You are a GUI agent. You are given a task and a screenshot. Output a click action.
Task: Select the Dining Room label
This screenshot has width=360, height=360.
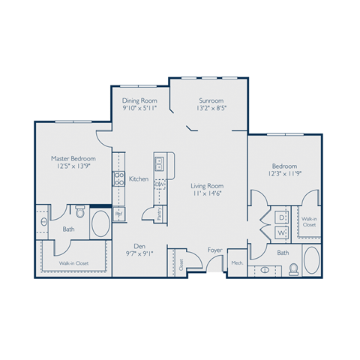[x=139, y=100]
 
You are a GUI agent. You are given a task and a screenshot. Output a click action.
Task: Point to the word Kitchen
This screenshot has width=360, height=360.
[x=138, y=178]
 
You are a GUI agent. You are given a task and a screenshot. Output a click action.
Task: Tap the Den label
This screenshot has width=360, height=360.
[x=139, y=244]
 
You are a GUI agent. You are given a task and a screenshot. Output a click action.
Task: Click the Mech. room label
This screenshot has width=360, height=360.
[x=236, y=263]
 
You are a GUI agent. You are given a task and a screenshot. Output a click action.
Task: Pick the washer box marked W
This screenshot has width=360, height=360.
[x=281, y=233]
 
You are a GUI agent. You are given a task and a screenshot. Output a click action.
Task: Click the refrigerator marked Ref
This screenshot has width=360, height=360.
[x=118, y=214]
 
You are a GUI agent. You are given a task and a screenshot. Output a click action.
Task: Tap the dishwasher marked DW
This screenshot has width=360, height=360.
[x=159, y=184]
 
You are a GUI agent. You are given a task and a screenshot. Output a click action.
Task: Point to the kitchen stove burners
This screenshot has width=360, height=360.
[x=118, y=178]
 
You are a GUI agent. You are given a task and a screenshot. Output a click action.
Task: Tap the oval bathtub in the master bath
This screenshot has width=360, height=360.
[x=100, y=223]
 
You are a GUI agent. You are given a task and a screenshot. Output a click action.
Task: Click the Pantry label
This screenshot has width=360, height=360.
[x=159, y=214]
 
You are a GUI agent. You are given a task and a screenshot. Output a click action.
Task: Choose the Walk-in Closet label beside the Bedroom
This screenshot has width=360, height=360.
[x=309, y=221]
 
